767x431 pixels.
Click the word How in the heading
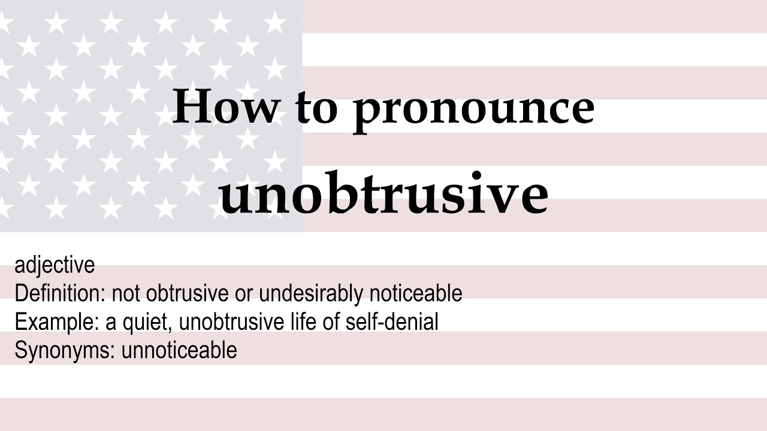point(226,107)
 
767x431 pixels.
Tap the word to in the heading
point(316,108)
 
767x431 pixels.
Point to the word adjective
point(55,265)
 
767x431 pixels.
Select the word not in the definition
point(126,293)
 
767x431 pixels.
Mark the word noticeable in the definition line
point(416,293)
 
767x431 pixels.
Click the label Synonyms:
point(65,351)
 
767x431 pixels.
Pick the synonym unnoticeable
point(179,350)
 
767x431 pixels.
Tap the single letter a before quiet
point(111,323)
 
